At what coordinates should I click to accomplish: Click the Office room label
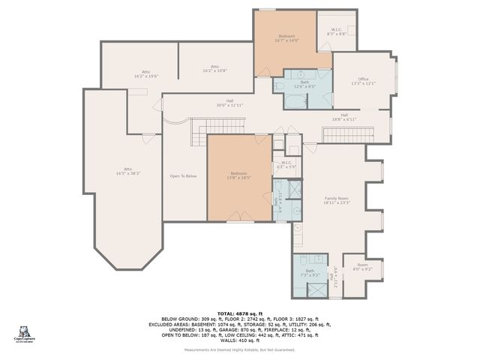click(362, 81)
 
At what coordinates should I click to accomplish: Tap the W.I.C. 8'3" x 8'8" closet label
click(337, 32)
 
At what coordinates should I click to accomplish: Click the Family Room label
click(337, 200)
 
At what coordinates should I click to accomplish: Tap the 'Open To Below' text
click(183, 176)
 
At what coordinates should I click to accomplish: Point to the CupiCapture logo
click(26, 333)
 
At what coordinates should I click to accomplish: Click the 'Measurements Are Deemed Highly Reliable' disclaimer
click(240, 350)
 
